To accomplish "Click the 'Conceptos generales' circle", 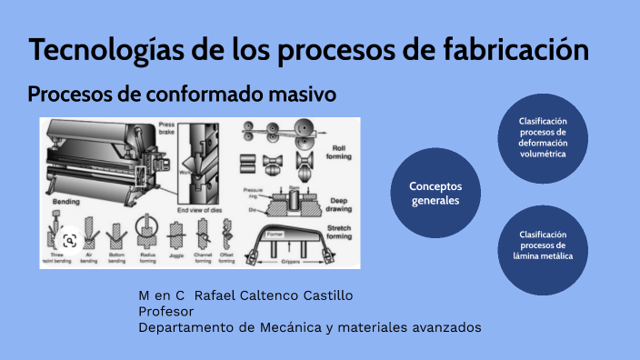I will click(435, 193).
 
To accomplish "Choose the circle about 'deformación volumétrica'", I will click(543, 137).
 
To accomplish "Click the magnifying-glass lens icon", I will click(67, 240).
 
